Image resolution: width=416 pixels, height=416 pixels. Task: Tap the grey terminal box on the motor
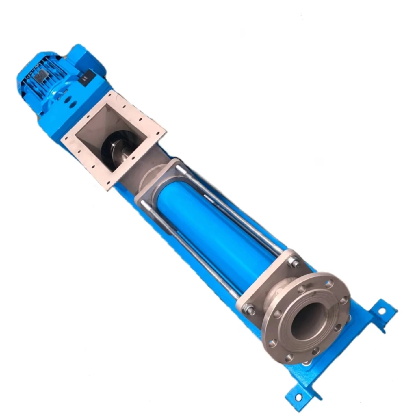coord(40,76)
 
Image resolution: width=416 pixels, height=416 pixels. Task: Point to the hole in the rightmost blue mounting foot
coord(382,311)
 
